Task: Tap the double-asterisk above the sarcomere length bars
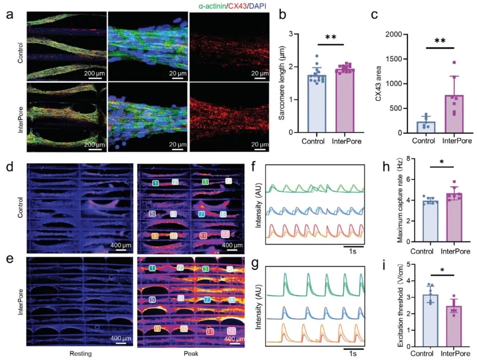[x=330, y=37]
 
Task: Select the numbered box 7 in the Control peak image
[x=201, y=214]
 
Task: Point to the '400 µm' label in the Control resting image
[x=118, y=245]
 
